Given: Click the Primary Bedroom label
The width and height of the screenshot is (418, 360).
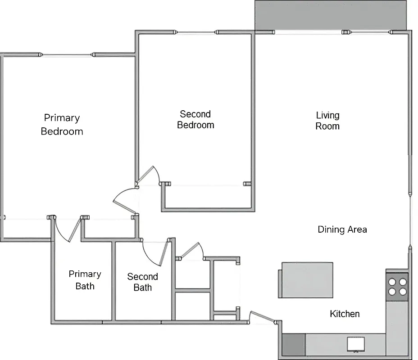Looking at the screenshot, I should pos(62,125).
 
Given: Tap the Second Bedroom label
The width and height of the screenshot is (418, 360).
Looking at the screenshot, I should pos(195,120).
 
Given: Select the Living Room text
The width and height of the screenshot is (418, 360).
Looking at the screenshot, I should pos(327,121).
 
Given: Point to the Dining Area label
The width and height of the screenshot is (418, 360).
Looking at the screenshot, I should pos(342,229).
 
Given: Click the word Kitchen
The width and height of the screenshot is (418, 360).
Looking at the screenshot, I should pos(345,314).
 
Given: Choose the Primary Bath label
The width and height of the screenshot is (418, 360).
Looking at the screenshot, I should pos(85,279).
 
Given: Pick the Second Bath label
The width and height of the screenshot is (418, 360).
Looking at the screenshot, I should pos(142,282).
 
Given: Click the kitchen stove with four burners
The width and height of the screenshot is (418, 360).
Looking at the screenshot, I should pos(397,287).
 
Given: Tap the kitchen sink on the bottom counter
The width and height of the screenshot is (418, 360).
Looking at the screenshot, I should pos(355,344).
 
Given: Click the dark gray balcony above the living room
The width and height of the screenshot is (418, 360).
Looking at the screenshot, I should pos(331,15).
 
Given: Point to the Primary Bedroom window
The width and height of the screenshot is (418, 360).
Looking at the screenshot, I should pos(66,55).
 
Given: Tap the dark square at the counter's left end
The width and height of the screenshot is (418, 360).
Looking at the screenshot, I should pos(293,344).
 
